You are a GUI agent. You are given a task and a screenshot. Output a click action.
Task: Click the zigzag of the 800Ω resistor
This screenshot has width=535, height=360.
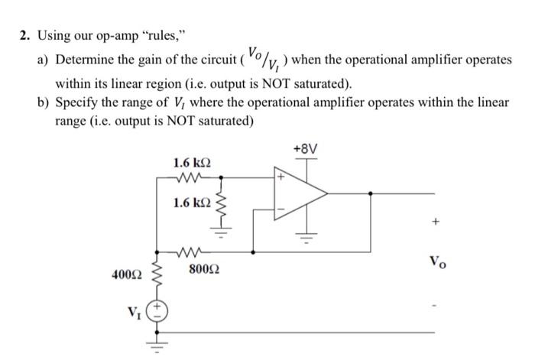click(190, 248)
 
